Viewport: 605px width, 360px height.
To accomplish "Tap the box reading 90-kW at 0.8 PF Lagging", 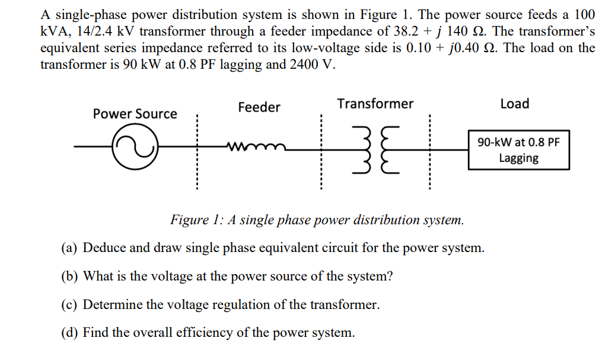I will (518, 150).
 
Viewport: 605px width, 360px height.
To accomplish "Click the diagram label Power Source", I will (135, 113).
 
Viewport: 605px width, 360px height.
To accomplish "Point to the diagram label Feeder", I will (259, 107).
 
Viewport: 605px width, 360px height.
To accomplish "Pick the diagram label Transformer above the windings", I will (375, 104).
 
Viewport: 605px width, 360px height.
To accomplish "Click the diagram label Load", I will (514, 104).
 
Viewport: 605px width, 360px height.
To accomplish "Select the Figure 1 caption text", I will (317, 220).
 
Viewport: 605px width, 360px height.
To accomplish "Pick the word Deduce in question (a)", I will (103, 248).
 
